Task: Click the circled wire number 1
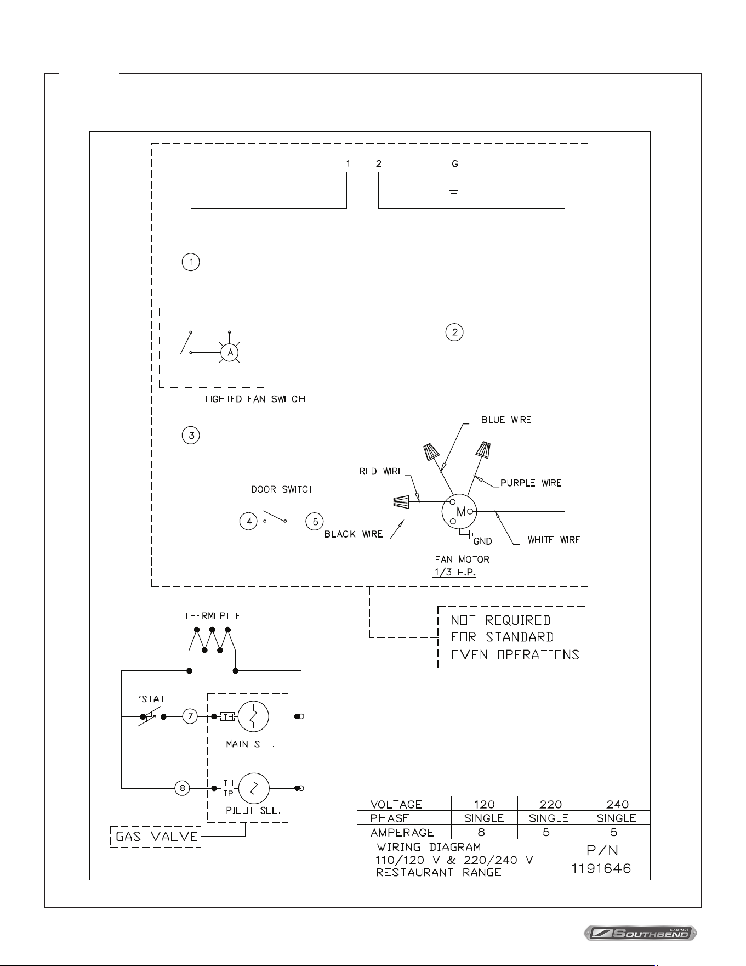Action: [x=191, y=262]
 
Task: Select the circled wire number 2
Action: [x=454, y=332]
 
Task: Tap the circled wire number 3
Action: [x=191, y=436]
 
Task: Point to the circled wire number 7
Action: [x=190, y=716]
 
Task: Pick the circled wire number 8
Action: [x=183, y=788]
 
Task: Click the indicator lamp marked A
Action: [x=230, y=353]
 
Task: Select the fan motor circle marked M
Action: [x=459, y=512]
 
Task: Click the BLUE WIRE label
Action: [x=506, y=420]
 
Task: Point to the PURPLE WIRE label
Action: [x=531, y=483]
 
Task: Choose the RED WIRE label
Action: [x=381, y=471]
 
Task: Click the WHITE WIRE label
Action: [x=554, y=540]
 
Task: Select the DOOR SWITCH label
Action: [x=283, y=489]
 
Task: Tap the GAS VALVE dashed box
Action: [x=156, y=837]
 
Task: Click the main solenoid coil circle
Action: [x=253, y=716]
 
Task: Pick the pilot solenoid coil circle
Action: [x=254, y=788]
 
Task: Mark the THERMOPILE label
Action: [x=213, y=616]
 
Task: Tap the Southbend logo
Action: [x=640, y=933]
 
